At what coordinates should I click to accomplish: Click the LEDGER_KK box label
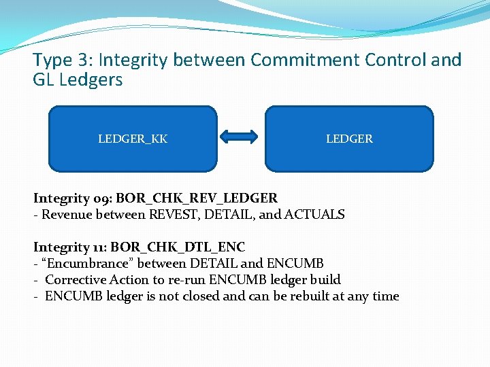pyautogui.click(x=133, y=139)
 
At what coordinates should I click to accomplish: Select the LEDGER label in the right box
pyautogui.click(x=349, y=139)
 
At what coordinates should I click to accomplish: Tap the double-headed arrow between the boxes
pyautogui.click(x=241, y=138)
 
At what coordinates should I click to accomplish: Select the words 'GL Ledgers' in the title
pyautogui.click(x=78, y=80)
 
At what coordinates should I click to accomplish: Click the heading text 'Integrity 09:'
pyautogui.click(x=73, y=198)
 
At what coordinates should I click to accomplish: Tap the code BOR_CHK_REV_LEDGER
pyautogui.click(x=197, y=198)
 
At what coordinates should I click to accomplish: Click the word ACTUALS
pyautogui.click(x=314, y=215)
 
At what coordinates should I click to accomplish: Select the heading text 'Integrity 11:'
pyautogui.click(x=70, y=247)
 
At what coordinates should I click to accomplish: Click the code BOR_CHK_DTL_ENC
pyautogui.click(x=178, y=247)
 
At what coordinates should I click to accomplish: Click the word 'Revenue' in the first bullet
pyautogui.click(x=63, y=215)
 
